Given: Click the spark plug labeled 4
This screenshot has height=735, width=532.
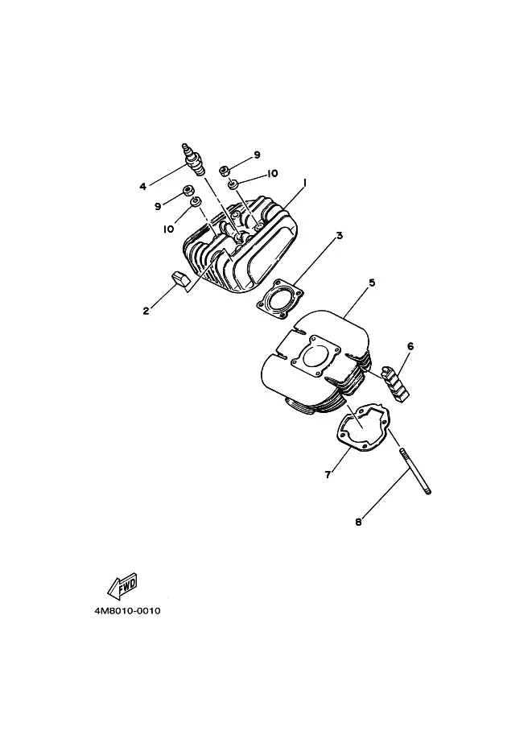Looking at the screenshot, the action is (194, 160).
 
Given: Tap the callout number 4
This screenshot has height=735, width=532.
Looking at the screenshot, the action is (143, 187).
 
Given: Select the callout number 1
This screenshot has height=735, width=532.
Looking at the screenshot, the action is (305, 183).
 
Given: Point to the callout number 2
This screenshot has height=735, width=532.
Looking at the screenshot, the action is (146, 311).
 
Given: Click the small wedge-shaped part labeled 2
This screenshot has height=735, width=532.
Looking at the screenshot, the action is (179, 278).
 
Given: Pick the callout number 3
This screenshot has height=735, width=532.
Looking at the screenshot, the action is (340, 235).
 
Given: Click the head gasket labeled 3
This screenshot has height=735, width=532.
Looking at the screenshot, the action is (280, 300).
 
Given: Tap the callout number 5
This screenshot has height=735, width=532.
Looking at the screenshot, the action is (372, 283).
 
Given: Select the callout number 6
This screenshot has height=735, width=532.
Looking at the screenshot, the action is (410, 346).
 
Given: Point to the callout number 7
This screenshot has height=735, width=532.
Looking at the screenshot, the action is (328, 474).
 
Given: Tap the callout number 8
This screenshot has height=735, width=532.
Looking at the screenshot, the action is (358, 522).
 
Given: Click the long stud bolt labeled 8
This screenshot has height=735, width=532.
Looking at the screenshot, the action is (415, 471).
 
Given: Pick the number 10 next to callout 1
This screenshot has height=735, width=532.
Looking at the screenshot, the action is (272, 173).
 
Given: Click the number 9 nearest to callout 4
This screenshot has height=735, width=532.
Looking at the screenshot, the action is (158, 206).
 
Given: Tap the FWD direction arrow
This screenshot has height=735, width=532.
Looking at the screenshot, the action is (122, 586).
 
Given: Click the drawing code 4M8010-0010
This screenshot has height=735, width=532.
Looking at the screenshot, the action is (127, 611).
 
